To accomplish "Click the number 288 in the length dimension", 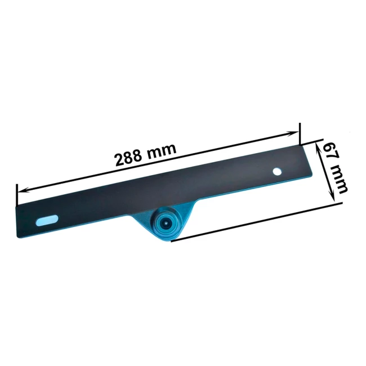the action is [x=128, y=158].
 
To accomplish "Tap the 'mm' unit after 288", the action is [x=161, y=149].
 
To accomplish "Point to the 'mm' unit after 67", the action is [x=339, y=178].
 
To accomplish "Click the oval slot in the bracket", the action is [x=47, y=220].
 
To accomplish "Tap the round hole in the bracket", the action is [x=277, y=172].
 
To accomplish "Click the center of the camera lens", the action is [x=165, y=224].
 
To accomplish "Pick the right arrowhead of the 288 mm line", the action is [x=292, y=134].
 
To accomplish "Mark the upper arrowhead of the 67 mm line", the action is [x=318, y=147].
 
